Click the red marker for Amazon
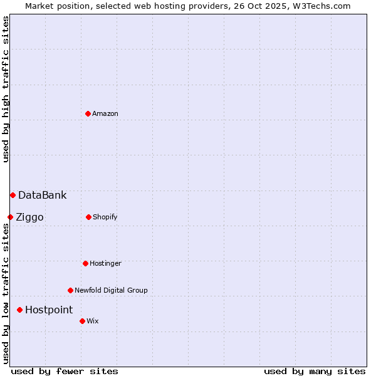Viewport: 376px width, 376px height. pos(88,113)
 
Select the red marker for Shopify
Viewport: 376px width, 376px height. pos(88,217)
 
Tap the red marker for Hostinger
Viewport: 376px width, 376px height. pos(85,263)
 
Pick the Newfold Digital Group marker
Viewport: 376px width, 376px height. pos(70,290)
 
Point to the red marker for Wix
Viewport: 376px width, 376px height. pos(82,321)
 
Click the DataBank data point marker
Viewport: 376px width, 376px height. pos(13,195)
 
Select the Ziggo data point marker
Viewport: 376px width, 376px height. pos(10,217)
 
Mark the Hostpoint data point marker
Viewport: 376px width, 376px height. pos(19,310)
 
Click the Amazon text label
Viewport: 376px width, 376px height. pos(105,113)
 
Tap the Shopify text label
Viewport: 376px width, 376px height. pos(105,217)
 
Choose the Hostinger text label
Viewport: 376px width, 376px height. pos(105,263)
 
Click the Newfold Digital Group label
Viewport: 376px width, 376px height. pos(111,290)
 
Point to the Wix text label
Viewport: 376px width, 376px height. pos(93,321)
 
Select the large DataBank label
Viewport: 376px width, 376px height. pos(42,195)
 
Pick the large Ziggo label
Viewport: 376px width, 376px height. pos(29,217)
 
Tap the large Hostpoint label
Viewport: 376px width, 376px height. pos(49,310)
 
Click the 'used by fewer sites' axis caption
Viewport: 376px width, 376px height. pos(65,371)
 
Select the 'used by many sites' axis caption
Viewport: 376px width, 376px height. pos(315,371)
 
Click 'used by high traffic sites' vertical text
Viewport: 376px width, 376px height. pos(6,89)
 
